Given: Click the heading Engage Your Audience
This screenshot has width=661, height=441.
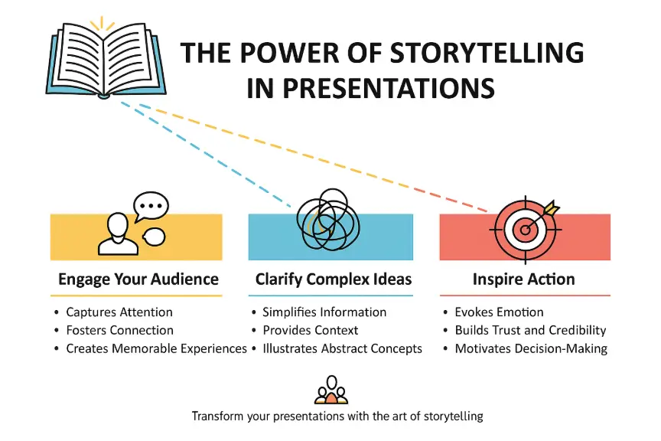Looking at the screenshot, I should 138,279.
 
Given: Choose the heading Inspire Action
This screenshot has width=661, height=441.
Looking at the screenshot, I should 524,279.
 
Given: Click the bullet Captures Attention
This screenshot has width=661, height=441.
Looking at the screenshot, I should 119,312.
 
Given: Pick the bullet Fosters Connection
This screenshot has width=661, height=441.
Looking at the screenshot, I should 119,331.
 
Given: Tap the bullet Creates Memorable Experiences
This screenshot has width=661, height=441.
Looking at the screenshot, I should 156,349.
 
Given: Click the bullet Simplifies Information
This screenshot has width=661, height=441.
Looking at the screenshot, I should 324,312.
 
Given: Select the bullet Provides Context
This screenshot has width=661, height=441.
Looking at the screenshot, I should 310,331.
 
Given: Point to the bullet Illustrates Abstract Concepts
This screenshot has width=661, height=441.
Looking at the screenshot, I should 342,349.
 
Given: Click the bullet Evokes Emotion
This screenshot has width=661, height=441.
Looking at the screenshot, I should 499,312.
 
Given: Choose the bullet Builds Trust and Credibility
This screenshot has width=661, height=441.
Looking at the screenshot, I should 530,331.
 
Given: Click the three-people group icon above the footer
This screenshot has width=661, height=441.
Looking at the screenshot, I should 330,390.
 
